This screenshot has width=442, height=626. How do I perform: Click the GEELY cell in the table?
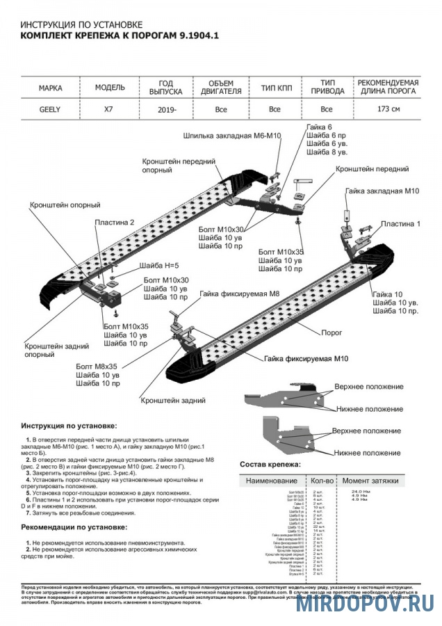click(49, 109)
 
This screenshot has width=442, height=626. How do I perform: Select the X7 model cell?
click(110, 109)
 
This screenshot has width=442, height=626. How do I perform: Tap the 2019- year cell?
click(167, 110)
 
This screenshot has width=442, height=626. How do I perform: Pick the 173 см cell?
click(388, 110)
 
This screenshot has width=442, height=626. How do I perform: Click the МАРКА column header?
click(51, 88)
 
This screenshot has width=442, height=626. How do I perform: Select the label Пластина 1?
click(400, 224)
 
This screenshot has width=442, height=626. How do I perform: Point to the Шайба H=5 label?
click(159, 266)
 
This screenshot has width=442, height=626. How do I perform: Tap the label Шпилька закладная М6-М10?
click(232, 136)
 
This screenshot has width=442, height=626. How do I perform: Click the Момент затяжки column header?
click(370, 481)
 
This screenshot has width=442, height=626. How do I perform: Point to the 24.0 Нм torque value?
click(350, 492)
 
